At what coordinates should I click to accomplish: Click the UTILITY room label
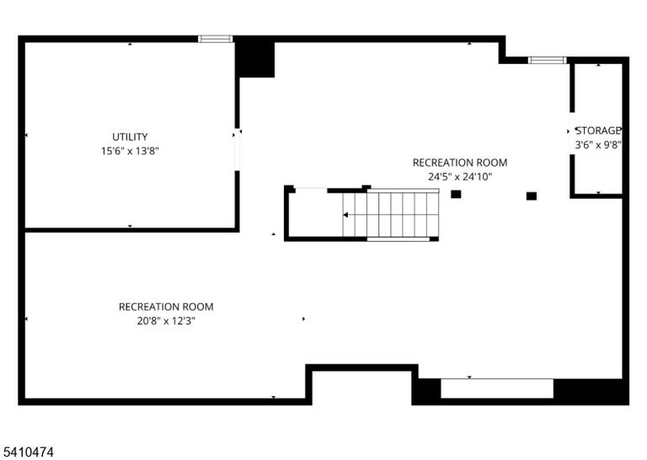click(130, 136)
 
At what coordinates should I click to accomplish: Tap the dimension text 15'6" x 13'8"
click(130, 151)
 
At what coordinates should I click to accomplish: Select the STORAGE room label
click(598, 131)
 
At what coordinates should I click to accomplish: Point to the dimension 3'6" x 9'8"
click(598, 145)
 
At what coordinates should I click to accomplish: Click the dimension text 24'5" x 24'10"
click(460, 177)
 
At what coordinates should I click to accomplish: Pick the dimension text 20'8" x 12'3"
click(166, 321)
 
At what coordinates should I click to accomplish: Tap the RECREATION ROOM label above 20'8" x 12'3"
click(166, 307)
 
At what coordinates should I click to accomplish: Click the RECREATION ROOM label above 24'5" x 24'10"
click(460, 163)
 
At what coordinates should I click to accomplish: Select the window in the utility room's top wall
click(216, 39)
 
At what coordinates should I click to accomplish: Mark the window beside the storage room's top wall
click(548, 60)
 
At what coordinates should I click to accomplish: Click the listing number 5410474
click(27, 452)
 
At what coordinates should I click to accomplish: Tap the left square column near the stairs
click(456, 194)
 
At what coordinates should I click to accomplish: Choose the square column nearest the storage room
click(532, 196)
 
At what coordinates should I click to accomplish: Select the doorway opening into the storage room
click(572, 133)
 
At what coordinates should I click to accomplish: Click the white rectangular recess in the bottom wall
click(497, 388)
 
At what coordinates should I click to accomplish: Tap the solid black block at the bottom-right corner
click(591, 391)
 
